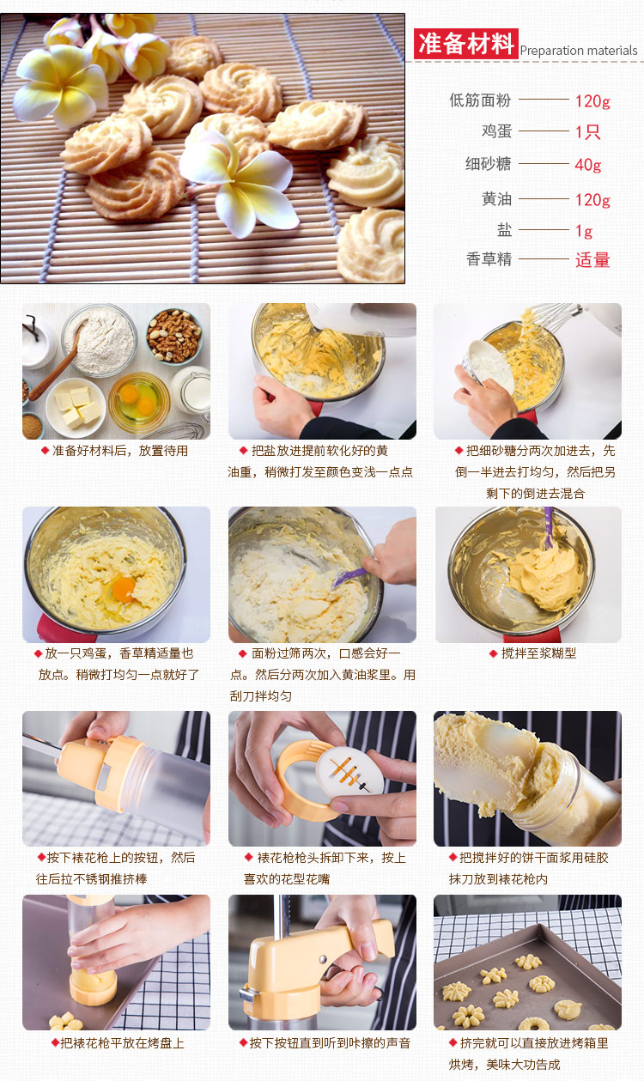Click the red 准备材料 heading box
[x=466, y=44]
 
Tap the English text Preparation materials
[x=579, y=51]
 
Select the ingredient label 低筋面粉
[x=480, y=100]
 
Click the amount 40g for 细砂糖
[x=588, y=165]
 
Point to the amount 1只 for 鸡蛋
[x=587, y=131]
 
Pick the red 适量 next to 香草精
[x=592, y=260]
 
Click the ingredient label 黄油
[x=496, y=198]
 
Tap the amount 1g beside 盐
[x=584, y=231]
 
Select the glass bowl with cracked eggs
[x=139, y=402]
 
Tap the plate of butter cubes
[x=76, y=407]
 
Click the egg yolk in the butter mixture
[x=124, y=589]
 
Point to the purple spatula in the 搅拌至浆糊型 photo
[x=549, y=527]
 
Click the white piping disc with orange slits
[x=349, y=769]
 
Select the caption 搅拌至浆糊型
[x=538, y=653]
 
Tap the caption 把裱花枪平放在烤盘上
[x=122, y=1043]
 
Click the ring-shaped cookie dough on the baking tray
[x=533, y=1024]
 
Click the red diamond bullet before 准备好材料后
[x=45, y=451]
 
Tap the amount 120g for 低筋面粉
[x=592, y=100]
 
